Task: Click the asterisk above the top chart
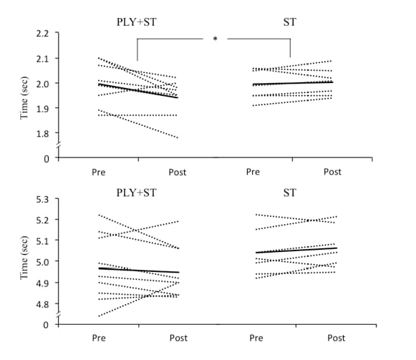click(215, 39)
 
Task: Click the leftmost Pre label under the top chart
click(100, 172)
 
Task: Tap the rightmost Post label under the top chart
click(332, 172)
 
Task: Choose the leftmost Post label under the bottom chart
click(178, 338)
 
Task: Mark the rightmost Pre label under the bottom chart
click(253, 338)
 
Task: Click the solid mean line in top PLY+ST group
click(138, 91)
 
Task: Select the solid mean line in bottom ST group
click(290, 250)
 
